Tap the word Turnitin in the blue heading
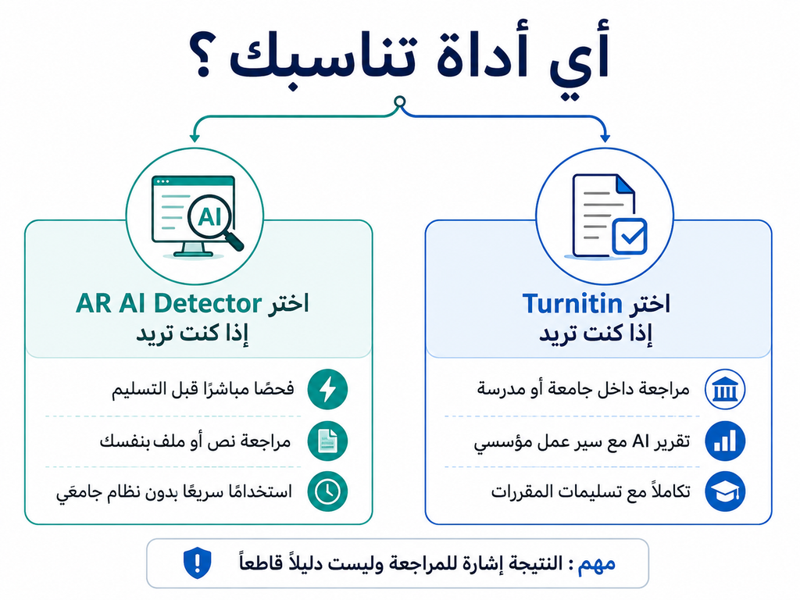572,304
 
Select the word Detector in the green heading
207,303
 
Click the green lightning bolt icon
327,389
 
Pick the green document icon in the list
327,441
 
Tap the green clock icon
327,491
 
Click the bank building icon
725,389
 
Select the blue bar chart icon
725,441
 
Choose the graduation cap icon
725,491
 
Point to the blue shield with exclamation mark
198,563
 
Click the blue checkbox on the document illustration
630,236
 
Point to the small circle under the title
400,101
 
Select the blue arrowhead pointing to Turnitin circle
605,137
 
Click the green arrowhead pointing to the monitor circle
194,137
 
